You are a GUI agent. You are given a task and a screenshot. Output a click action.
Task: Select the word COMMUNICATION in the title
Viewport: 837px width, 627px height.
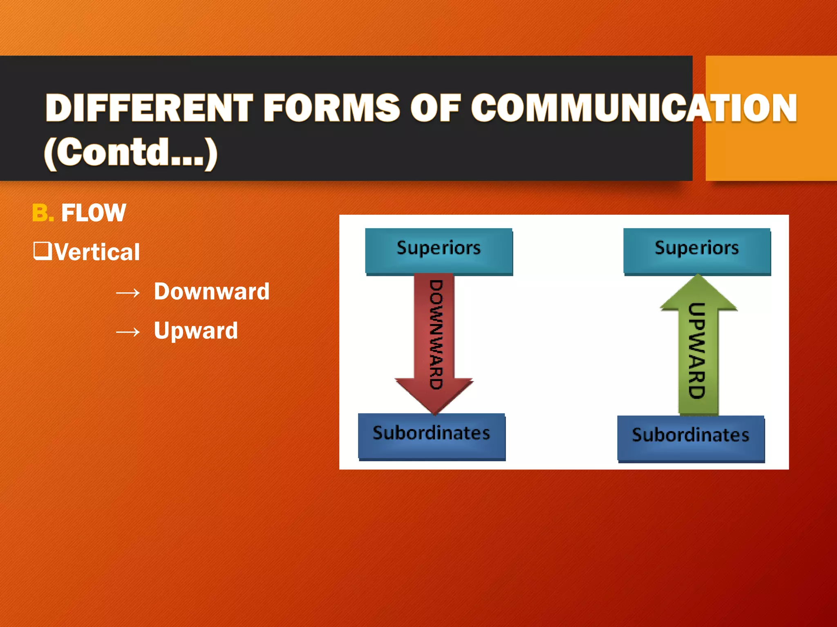click(634, 108)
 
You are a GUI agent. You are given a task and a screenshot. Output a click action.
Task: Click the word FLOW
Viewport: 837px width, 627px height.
click(94, 213)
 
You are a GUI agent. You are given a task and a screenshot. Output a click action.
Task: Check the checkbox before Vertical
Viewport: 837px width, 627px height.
click(42, 251)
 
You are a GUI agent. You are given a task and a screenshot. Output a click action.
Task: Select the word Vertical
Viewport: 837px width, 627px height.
click(97, 252)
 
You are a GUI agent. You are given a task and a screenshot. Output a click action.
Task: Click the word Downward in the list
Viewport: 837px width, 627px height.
click(212, 291)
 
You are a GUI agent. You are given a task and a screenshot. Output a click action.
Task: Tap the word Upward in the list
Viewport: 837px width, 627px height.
click(196, 330)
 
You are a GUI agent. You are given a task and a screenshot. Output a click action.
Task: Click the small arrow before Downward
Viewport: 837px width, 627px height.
click(128, 293)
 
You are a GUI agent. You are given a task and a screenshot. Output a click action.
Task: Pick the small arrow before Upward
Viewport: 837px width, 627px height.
click(128, 332)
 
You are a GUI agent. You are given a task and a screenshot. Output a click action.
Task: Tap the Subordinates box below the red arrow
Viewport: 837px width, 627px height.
click(432, 435)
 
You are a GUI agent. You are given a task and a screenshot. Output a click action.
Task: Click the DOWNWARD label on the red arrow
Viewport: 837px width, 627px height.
click(436, 335)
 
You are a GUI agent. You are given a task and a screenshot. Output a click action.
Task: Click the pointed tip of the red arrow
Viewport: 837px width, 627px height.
click(434, 411)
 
